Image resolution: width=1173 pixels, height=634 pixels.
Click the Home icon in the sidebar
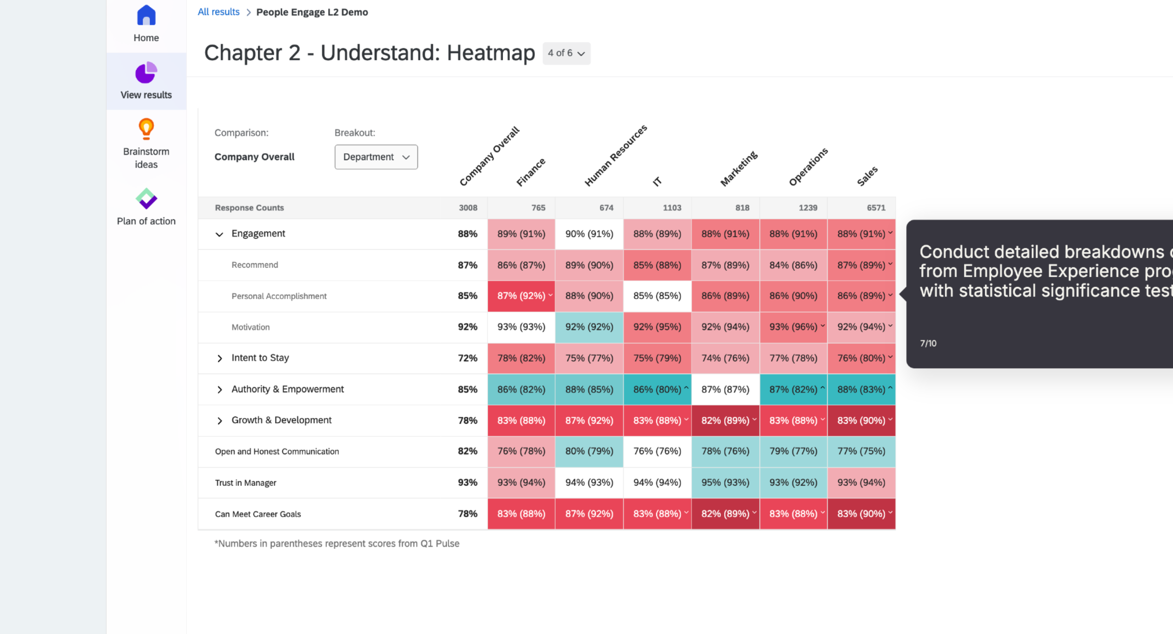click(x=146, y=16)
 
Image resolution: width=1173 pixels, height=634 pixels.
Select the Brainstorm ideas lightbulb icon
click(x=146, y=129)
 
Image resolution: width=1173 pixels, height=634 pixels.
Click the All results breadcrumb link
click(x=218, y=12)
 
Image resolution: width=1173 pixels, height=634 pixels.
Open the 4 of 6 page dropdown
click(x=566, y=53)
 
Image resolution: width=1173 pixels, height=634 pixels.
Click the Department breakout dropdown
click(x=376, y=157)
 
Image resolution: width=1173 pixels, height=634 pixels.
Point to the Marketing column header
click(x=738, y=169)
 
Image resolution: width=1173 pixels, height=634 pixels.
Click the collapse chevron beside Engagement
click(x=219, y=234)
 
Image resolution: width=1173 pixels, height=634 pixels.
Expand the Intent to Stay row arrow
click(x=220, y=359)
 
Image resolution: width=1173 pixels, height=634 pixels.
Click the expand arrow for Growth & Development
click(x=220, y=420)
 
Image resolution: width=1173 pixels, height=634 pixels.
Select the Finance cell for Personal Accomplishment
click(x=521, y=296)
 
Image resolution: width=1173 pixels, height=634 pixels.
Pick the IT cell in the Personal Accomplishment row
click(x=657, y=296)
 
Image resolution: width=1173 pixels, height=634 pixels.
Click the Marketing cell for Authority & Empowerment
click(x=725, y=390)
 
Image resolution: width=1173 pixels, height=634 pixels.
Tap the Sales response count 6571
click(x=876, y=208)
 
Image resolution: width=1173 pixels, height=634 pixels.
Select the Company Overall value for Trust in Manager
click(x=467, y=482)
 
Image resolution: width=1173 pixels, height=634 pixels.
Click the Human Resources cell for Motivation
click(x=589, y=327)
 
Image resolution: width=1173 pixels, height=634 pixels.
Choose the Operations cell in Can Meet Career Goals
click(x=793, y=514)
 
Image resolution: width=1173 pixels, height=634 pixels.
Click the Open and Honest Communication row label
click(x=277, y=451)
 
